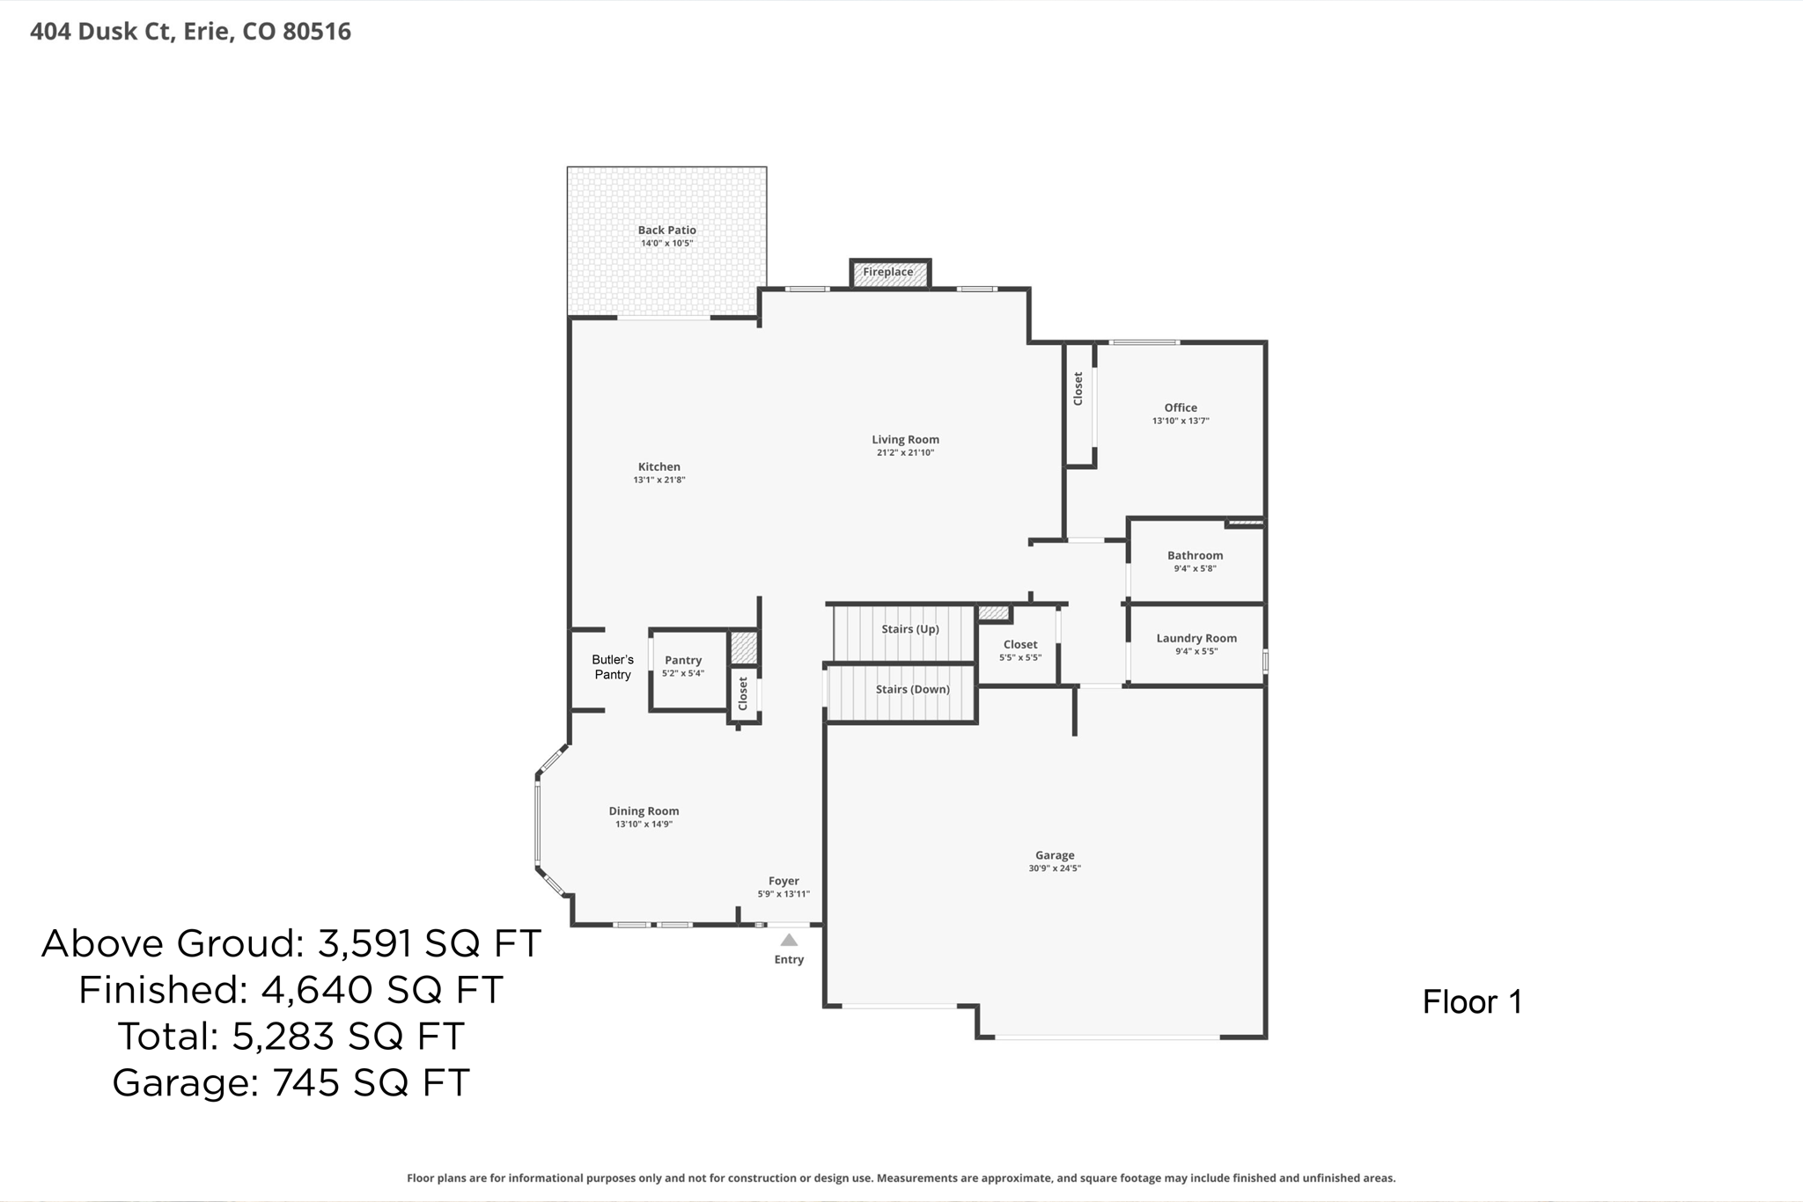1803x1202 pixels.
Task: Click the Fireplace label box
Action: click(x=888, y=273)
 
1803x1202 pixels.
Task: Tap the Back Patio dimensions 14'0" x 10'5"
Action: click(x=666, y=244)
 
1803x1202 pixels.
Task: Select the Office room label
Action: click(x=1181, y=407)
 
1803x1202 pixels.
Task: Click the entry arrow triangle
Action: click(x=789, y=940)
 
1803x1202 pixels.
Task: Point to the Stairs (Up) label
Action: click(x=910, y=629)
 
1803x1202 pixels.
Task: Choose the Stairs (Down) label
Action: click(x=912, y=689)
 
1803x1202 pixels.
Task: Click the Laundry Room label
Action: click(x=1196, y=638)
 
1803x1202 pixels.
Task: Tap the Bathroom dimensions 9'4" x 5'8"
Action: click(x=1195, y=568)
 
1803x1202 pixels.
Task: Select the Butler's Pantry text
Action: click(x=613, y=667)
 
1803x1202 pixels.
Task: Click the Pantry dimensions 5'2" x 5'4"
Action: click(x=683, y=674)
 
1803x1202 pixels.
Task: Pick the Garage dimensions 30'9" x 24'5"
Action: click(x=1055, y=869)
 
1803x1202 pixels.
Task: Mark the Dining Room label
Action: click(x=644, y=811)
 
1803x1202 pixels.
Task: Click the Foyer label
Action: click(x=784, y=881)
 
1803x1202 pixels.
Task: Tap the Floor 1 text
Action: click(x=1472, y=1002)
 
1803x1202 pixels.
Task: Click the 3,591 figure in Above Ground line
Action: click(x=364, y=944)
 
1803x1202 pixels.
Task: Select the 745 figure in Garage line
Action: click(x=305, y=1083)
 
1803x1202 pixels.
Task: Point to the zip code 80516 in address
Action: click(x=317, y=32)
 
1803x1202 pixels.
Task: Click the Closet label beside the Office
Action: click(x=1078, y=389)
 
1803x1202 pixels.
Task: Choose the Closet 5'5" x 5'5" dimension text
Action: click(x=1020, y=658)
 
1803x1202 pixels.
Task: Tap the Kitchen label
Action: click(x=659, y=467)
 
